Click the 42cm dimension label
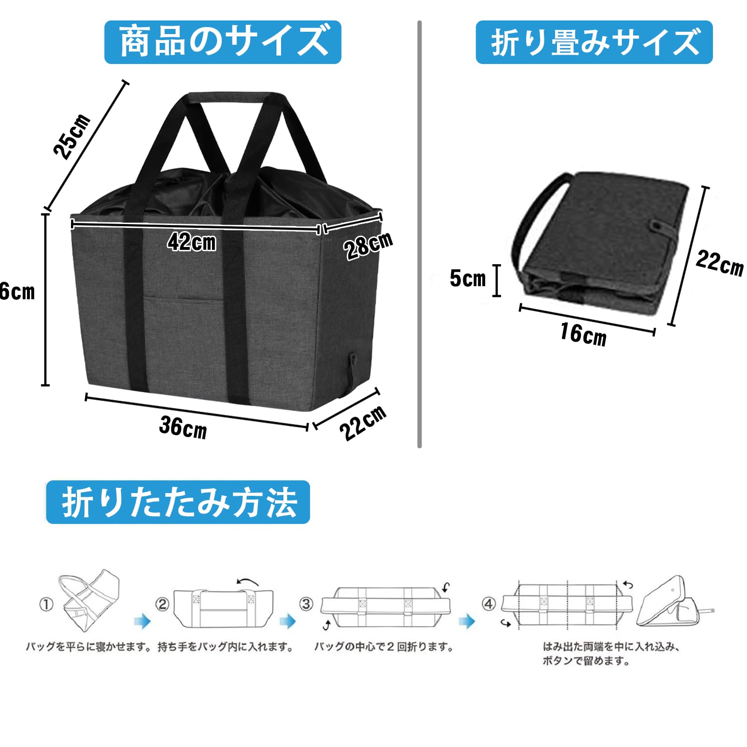coord(192,242)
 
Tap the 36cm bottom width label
coord(183,427)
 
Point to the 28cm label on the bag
coord(368,246)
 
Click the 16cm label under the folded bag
coord(583,334)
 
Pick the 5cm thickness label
coord(467,279)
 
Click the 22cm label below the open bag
coord(363,423)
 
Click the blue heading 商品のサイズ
coord(223,42)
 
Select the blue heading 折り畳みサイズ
coord(594,42)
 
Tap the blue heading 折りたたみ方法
coord(178,502)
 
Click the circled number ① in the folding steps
coord(46,605)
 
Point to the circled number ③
coord(306,604)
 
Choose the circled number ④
coord(488,604)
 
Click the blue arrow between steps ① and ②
coord(142,621)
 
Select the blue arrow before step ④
coord(466,621)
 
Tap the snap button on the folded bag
coord(656,226)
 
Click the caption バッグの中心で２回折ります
coord(383,647)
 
